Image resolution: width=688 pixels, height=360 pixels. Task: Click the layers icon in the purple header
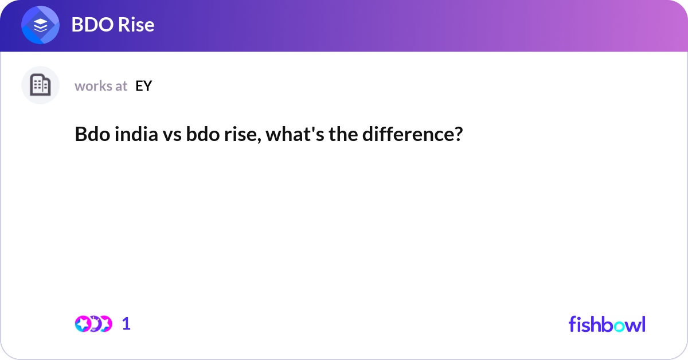click(x=40, y=25)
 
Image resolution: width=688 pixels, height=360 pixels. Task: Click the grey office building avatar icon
click(x=40, y=85)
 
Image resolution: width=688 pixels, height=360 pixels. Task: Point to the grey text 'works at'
click(x=101, y=86)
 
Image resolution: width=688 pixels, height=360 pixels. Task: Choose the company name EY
click(x=144, y=86)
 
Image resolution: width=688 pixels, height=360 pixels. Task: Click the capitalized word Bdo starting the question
click(x=90, y=135)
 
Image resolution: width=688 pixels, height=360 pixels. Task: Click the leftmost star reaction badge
click(x=83, y=324)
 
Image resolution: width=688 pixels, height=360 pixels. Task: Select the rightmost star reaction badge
click(x=105, y=324)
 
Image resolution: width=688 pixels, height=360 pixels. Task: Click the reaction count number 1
click(x=126, y=324)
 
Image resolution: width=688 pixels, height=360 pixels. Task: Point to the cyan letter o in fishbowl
click(x=618, y=324)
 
